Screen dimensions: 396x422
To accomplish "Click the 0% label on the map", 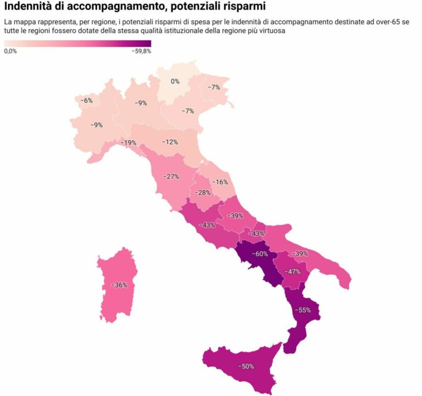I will coord(175,81).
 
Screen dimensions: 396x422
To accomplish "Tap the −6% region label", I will coord(86,101).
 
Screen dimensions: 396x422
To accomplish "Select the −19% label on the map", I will coord(129,143).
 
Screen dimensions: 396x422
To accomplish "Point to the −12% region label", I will coord(170,142).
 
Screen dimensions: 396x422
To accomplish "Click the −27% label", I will coord(171,177).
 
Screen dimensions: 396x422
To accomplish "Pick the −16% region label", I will coord(220,182).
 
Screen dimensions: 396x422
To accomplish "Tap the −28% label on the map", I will coord(203,193).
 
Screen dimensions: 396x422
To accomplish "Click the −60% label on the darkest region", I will coord(259,254).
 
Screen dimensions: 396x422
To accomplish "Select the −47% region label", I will coord(292,272).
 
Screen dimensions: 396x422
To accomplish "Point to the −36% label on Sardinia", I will coord(119,285).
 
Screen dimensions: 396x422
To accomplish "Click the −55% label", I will coord(303,310).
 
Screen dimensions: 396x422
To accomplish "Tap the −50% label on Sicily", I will coord(246,366).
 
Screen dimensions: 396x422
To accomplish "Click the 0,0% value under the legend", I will coord(10,51).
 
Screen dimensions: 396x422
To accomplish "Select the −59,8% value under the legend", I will coord(141,51).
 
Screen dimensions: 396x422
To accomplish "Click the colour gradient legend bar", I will coord(77,43).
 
